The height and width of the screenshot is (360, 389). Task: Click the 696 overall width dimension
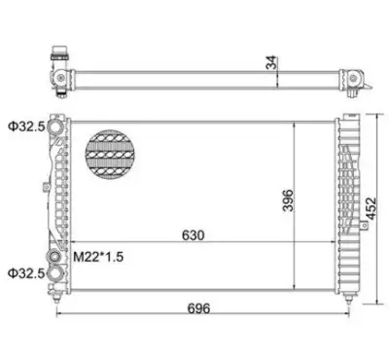click(198, 308)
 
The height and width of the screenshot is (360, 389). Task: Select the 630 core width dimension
click(194, 235)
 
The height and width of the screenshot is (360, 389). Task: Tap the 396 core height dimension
click(288, 200)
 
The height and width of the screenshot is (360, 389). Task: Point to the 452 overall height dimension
click(371, 208)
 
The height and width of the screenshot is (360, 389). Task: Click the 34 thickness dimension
click(271, 62)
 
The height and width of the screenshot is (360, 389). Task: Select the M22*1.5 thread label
click(98, 257)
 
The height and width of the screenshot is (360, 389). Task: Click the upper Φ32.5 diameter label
click(26, 126)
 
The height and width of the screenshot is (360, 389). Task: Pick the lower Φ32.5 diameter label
click(26, 273)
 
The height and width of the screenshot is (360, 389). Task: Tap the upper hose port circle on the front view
click(55, 126)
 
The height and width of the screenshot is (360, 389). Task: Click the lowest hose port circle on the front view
click(55, 273)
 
